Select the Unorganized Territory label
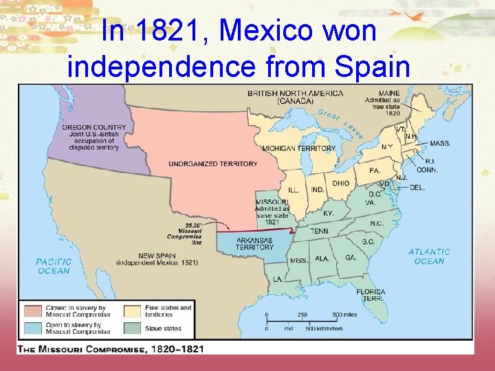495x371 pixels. (x=213, y=164)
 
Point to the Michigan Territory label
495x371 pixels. (x=298, y=148)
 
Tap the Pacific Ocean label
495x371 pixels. (x=54, y=266)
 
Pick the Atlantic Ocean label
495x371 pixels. (x=429, y=256)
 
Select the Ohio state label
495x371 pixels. (x=341, y=183)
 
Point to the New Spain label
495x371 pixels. (x=157, y=258)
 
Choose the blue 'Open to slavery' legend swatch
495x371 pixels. (x=32, y=328)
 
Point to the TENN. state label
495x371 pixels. (x=319, y=232)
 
